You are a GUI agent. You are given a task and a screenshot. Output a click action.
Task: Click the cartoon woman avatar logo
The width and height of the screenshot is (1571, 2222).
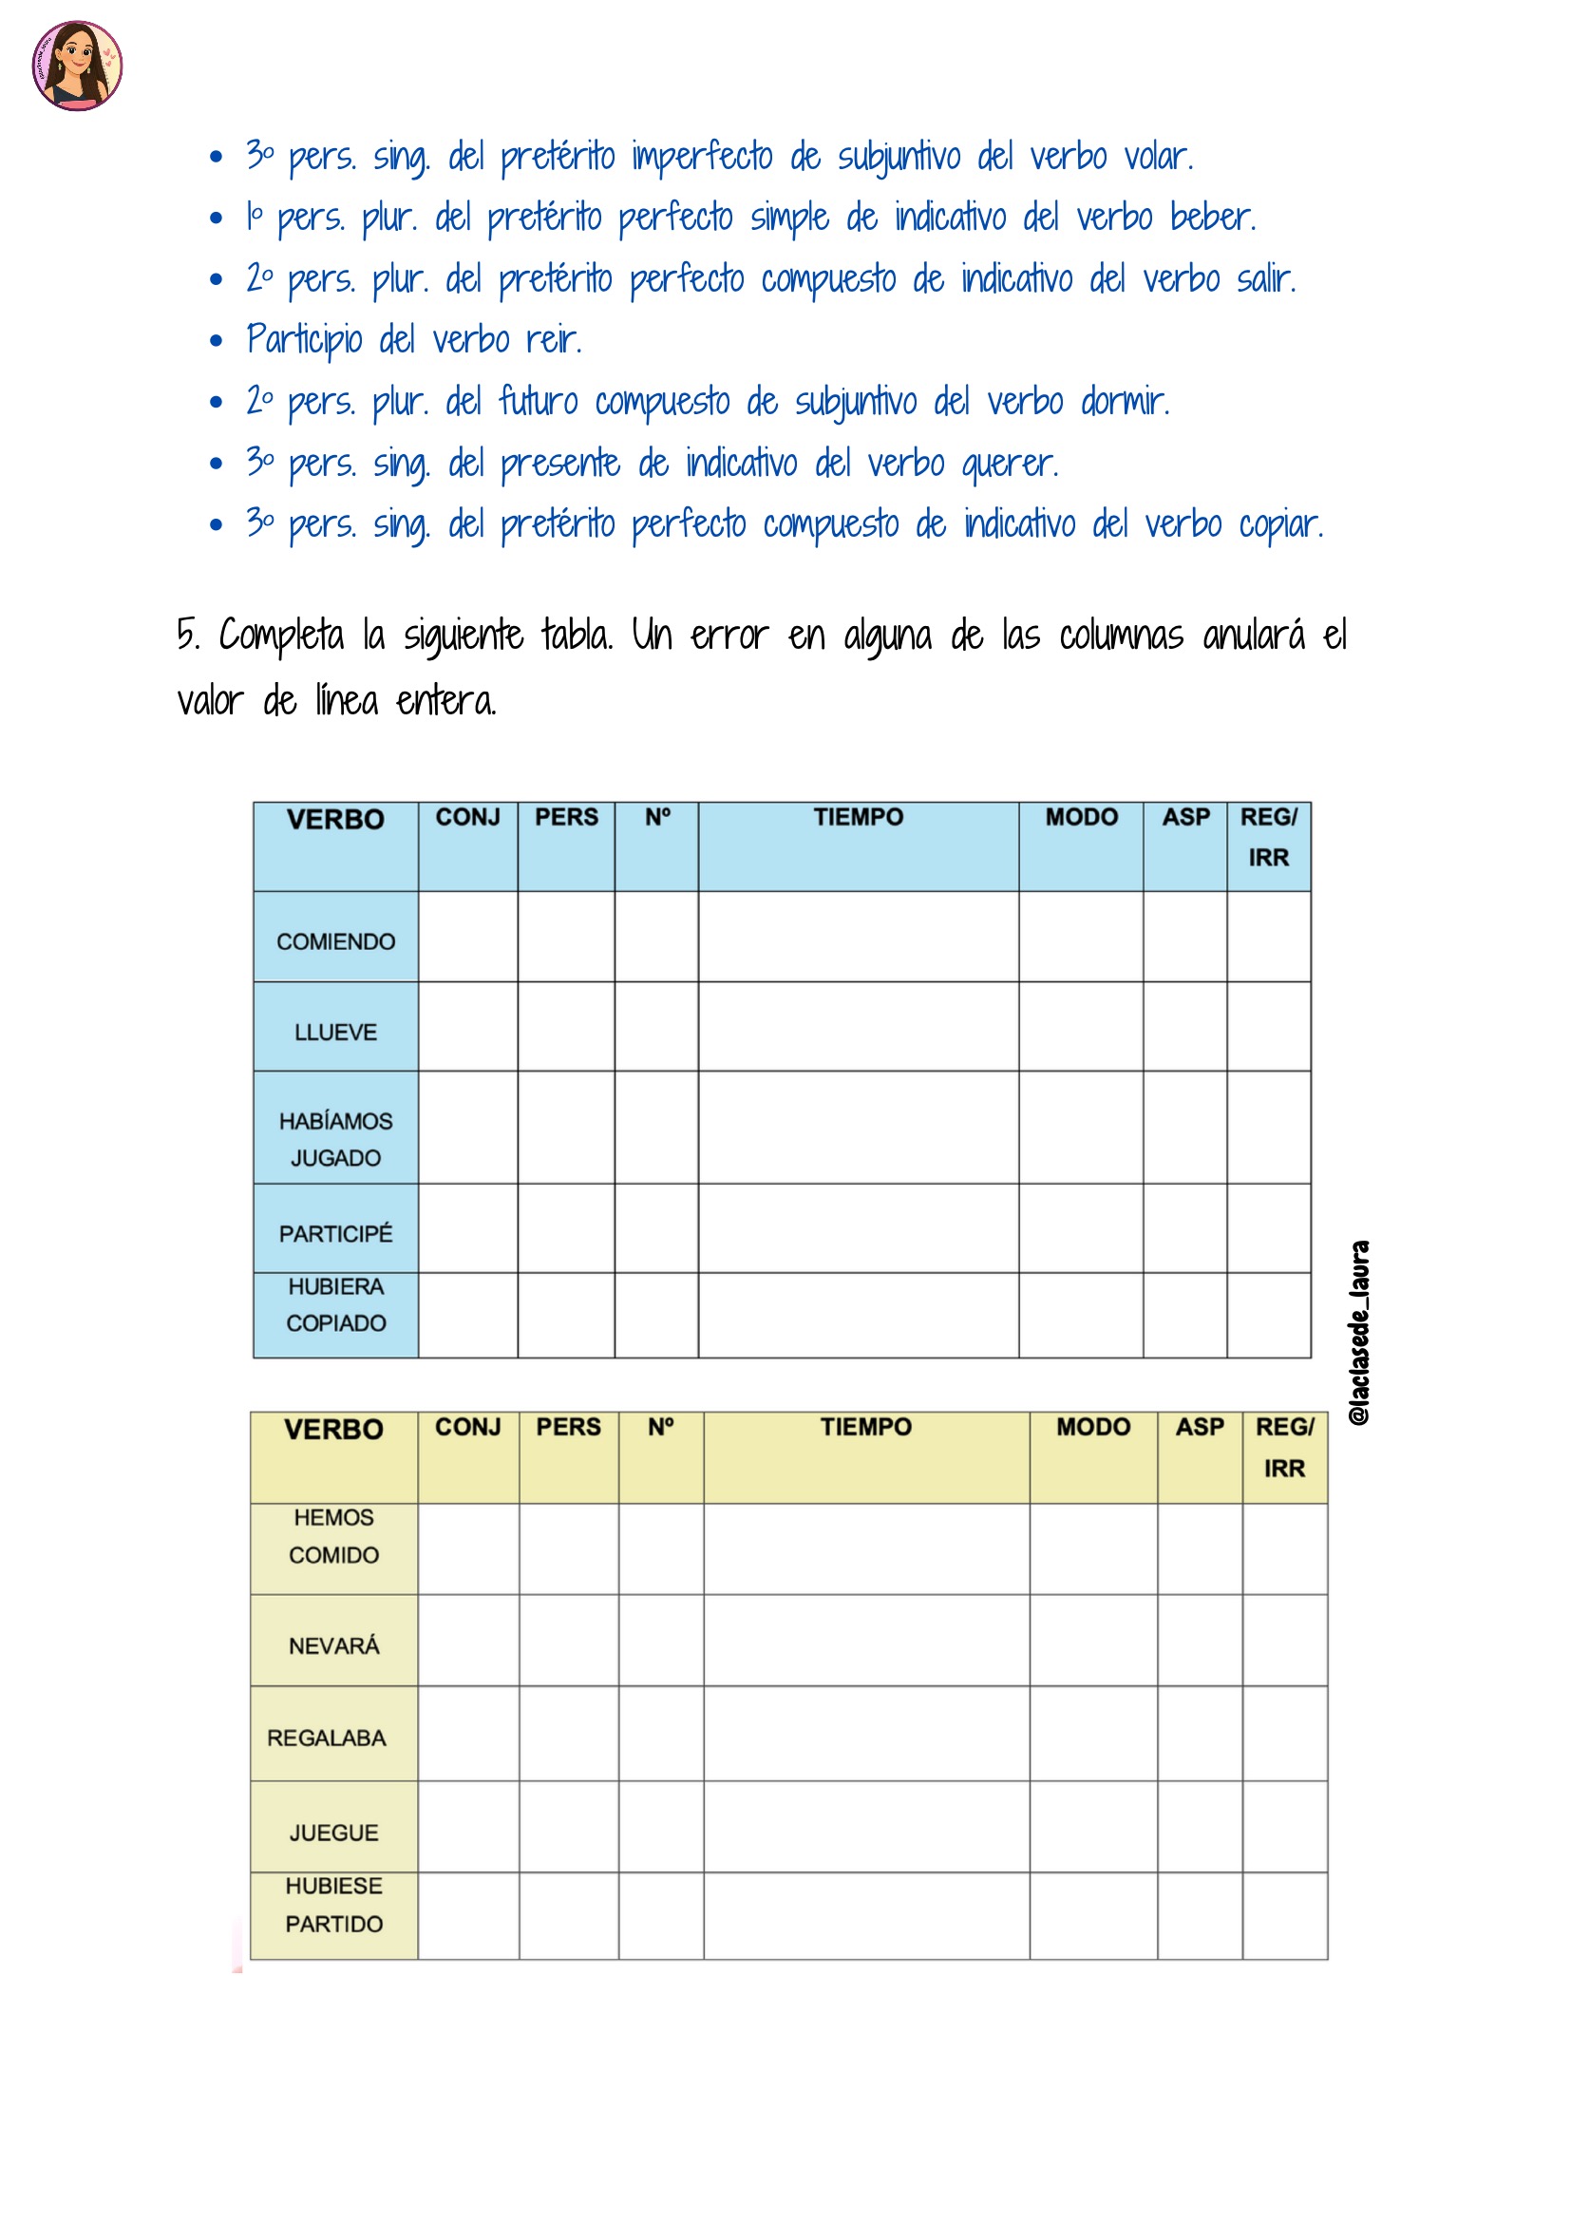pyautogui.click(x=76, y=66)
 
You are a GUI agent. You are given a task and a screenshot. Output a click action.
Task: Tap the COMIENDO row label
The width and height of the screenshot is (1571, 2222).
pyautogui.click(x=335, y=941)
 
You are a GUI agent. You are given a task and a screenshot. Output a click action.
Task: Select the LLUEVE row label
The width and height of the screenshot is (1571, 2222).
pyautogui.click(x=335, y=1033)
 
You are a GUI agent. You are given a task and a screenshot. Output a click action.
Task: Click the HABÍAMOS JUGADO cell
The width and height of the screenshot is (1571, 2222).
pyautogui.click(x=335, y=1139)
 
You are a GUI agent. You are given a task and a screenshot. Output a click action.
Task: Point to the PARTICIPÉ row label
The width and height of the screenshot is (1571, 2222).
pyautogui.click(x=335, y=1234)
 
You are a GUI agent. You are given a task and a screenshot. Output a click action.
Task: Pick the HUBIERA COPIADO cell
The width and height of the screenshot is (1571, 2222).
pyautogui.click(x=335, y=1304)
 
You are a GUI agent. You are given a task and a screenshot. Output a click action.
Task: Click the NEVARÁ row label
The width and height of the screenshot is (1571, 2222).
pyautogui.click(x=333, y=1646)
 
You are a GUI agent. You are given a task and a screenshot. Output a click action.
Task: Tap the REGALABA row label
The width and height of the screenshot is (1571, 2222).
pyautogui.click(x=326, y=1738)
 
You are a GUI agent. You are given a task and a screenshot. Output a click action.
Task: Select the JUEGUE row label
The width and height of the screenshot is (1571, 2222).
pyautogui.click(x=333, y=1833)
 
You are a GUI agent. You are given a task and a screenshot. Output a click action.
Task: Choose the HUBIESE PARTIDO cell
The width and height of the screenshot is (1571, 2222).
pyautogui.click(x=333, y=1905)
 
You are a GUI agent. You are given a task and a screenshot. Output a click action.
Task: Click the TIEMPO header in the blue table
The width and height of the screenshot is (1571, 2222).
pyautogui.click(x=858, y=818)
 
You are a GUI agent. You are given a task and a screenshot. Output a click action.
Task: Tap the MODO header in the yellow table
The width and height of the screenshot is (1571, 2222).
pyautogui.click(x=1093, y=1428)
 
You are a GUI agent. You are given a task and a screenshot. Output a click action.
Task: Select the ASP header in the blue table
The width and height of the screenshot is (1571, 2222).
pyautogui.click(x=1186, y=818)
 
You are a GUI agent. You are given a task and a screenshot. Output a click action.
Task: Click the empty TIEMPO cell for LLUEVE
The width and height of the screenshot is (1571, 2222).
pyautogui.click(x=858, y=1027)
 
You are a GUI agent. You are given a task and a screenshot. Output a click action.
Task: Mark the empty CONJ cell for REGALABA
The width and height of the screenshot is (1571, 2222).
pyautogui.click(x=468, y=1735)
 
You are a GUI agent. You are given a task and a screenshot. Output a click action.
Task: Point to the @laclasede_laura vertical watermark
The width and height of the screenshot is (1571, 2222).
pyautogui.click(x=1360, y=1333)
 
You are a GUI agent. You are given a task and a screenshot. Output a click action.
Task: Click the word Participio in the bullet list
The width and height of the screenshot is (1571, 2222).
pyautogui.click(x=305, y=340)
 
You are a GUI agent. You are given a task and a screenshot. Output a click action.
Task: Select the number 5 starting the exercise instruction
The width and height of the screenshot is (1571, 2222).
pyautogui.click(x=186, y=636)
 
